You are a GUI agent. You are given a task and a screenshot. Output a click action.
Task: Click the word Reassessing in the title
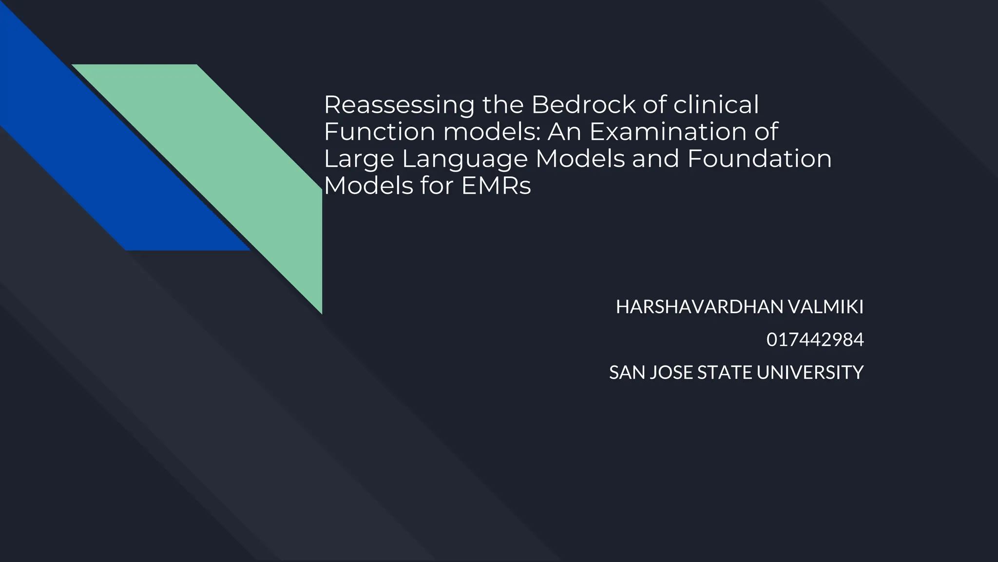point(399,105)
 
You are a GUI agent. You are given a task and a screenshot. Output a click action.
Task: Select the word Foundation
point(759,159)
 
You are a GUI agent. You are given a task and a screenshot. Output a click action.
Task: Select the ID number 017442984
point(815,340)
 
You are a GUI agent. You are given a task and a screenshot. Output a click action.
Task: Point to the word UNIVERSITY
point(810,373)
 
